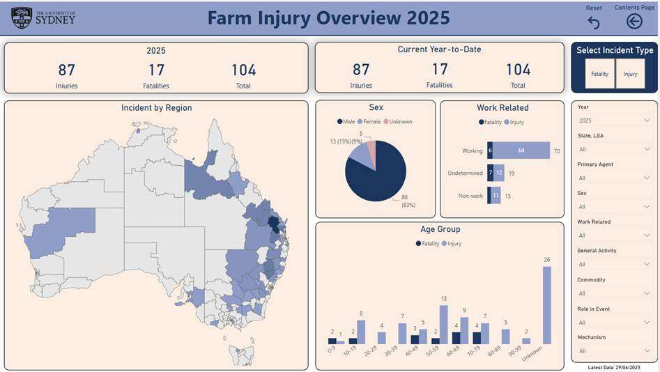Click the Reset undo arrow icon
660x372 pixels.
[594, 22]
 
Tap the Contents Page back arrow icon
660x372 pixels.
[634, 22]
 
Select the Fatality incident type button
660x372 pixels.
[599, 74]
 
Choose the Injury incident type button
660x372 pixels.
[630, 74]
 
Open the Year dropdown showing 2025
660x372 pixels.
[614, 121]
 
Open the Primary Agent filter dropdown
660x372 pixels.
[614, 178]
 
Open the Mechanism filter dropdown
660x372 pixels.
[614, 351]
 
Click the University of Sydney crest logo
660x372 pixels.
[22, 17]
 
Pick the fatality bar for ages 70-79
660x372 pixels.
[477, 338]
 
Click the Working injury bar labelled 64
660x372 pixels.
[521, 150]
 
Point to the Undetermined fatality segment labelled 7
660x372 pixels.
[491, 173]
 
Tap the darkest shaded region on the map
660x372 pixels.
[274, 224]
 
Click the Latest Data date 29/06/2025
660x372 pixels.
[613, 367]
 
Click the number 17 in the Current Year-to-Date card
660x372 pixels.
[440, 70]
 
